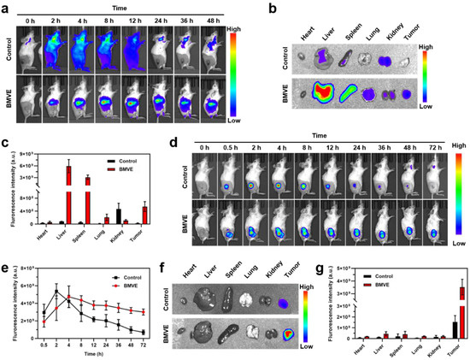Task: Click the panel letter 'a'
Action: tap(7, 8)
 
